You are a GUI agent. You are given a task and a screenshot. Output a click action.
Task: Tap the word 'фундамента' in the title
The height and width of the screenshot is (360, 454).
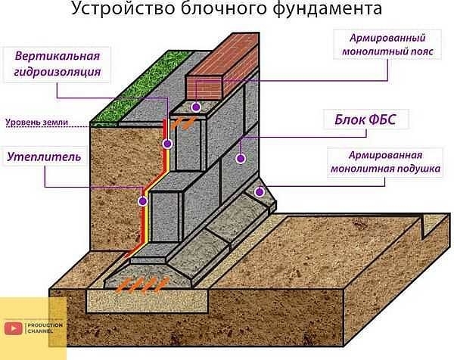(x=327, y=8)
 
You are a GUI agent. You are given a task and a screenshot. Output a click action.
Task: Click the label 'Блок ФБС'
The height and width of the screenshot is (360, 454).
(x=365, y=119)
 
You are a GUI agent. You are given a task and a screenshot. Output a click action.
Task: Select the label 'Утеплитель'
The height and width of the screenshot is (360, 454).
(x=44, y=157)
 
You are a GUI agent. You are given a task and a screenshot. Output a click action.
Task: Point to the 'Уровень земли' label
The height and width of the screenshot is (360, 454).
(x=37, y=122)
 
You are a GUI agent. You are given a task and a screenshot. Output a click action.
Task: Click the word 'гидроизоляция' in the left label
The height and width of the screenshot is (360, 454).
(x=58, y=72)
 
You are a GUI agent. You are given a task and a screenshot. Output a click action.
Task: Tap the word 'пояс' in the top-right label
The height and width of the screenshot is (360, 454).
(x=422, y=51)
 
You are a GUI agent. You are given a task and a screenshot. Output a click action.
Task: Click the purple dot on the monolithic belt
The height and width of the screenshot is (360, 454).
(x=196, y=107)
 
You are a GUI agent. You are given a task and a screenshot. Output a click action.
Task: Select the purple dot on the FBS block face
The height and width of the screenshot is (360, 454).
(x=241, y=158)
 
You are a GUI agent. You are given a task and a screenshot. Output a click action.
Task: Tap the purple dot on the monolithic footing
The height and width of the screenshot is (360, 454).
(x=260, y=191)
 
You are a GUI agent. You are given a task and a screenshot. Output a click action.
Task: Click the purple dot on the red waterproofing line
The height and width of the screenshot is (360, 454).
(x=167, y=144)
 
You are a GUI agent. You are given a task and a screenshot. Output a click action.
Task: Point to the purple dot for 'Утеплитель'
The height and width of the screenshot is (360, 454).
(x=143, y=201)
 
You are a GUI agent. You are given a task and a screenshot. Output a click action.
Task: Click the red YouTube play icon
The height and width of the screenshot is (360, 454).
(x=14, y=328)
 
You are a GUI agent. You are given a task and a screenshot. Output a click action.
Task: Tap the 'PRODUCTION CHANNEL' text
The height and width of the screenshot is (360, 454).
(x=45, y=328)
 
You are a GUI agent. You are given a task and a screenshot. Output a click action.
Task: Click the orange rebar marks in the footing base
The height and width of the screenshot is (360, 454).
(x=142, y=285)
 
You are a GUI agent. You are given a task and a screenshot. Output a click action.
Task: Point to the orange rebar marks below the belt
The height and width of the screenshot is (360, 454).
(x=182, y=123)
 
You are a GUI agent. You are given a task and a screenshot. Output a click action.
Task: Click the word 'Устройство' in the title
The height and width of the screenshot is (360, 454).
(x=123, y=8)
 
